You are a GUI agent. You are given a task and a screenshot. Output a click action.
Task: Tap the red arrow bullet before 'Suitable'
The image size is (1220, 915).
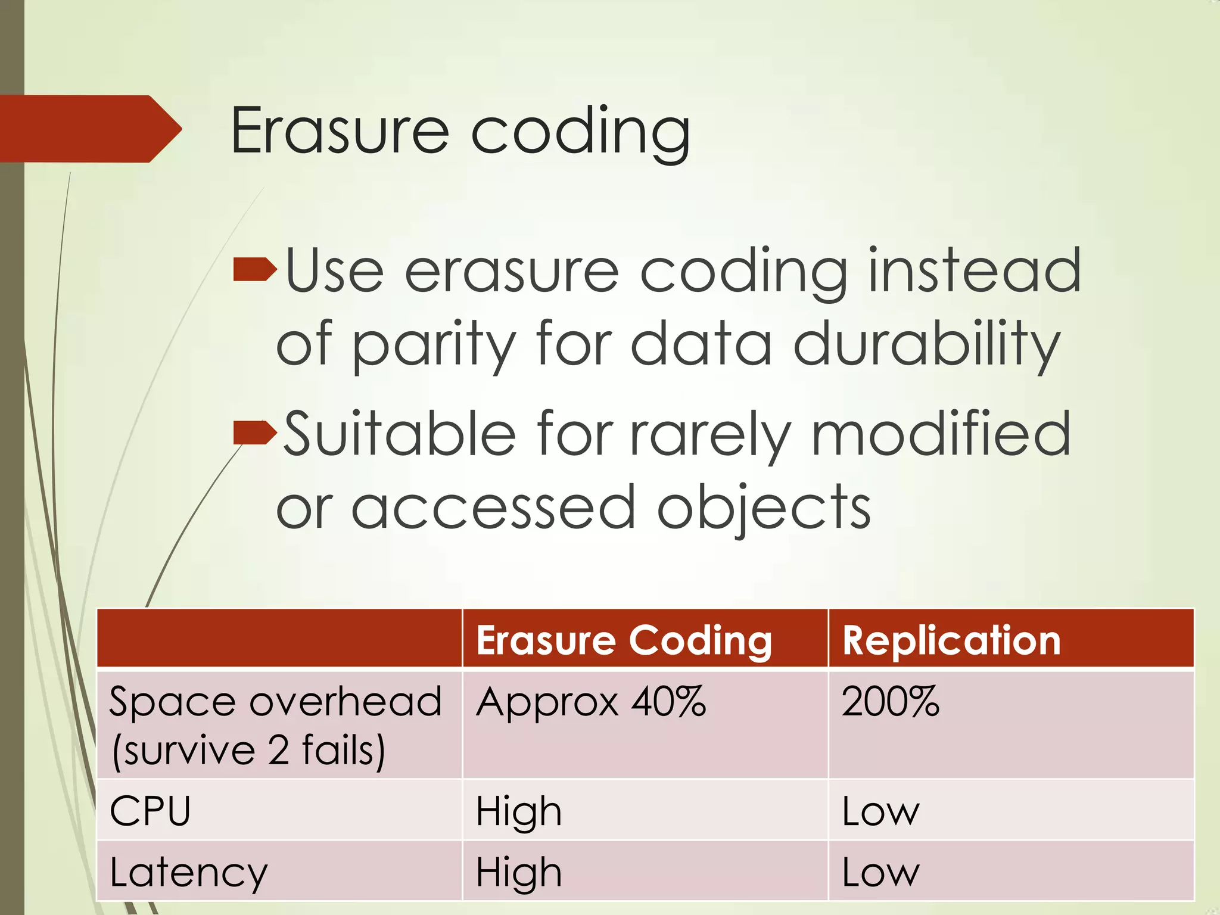255,432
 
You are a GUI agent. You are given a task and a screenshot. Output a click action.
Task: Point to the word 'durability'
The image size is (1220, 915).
926,346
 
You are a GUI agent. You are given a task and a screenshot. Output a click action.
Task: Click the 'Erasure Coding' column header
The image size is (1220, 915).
624,640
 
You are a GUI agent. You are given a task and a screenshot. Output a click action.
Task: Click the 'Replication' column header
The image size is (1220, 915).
951,640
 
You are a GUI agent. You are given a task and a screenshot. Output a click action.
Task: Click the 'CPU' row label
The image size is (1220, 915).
150,811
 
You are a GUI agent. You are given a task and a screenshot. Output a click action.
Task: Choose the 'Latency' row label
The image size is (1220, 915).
189,873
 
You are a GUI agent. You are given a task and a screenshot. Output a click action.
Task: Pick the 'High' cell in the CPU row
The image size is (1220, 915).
518,811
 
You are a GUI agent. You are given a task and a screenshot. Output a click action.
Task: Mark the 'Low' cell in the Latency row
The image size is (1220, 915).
880,873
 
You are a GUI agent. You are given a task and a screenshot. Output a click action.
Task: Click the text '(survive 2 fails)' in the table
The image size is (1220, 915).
248,751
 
